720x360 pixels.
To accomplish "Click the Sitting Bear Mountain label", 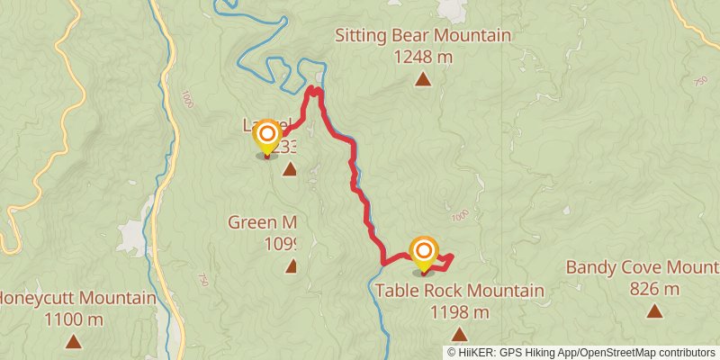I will [x=423, y=36].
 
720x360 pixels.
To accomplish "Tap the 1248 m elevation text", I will [x=422, y=57].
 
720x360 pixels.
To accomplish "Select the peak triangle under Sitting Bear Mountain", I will [x=422, y=79].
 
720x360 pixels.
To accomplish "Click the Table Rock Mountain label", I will [x=459, y=291].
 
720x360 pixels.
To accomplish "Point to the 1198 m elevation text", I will [x=459, y=312].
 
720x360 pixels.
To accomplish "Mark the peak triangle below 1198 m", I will [x=459, y=334].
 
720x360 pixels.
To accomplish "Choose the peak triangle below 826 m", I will [x=654, y=311].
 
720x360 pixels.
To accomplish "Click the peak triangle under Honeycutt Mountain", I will [x=73, y=341].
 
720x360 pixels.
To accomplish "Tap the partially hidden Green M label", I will [x=262, y=222].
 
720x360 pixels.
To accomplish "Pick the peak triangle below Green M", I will [x=292, y=265].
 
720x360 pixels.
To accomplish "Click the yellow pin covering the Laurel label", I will [x=267, y=137].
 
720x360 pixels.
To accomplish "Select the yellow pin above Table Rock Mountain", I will [x=424, y=252].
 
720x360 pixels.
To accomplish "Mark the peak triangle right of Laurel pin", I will [x=289, y=169].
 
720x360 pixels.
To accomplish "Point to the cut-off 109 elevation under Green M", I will [x=281, y=243].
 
